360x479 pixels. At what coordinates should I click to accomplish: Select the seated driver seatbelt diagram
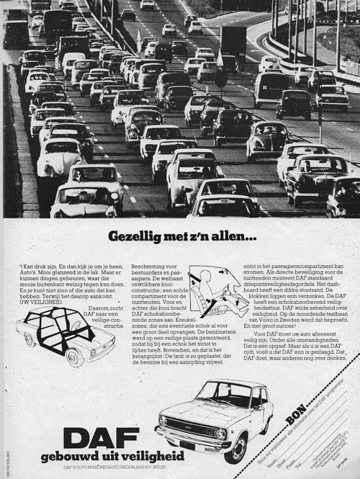coord(217,292)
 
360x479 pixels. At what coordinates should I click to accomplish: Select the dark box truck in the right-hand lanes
coord(233,41)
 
